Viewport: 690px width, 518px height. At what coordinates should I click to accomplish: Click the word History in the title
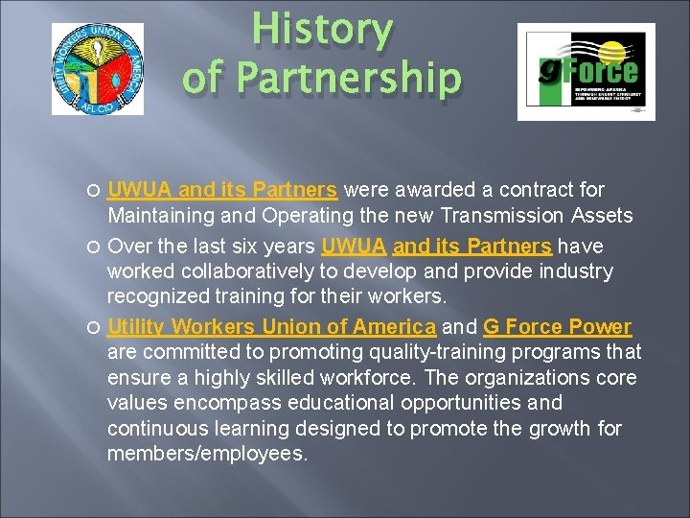click(323, 32)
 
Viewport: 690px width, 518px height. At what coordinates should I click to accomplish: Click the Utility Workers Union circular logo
click(97, 69)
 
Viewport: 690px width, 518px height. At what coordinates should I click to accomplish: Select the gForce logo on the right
click(586, 72)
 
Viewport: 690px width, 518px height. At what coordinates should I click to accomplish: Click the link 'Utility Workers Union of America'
click(272, 327)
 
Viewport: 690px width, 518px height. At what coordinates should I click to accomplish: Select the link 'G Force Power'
click(558, 327)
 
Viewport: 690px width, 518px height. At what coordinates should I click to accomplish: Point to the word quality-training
click(402, 352)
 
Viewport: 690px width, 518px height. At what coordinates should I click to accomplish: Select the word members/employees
click(207, 454)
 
